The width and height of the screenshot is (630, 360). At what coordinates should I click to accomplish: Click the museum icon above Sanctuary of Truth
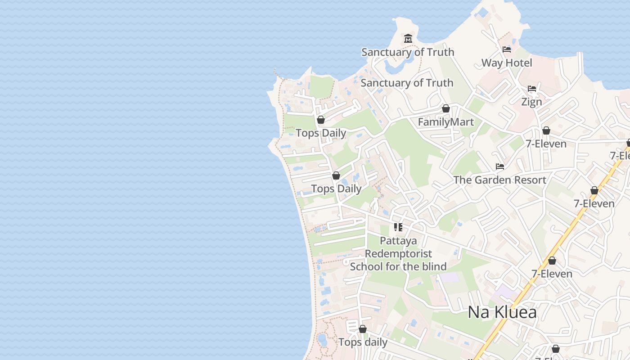[408, 38]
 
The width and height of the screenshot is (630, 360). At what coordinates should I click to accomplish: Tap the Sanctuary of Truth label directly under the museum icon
[408, 52]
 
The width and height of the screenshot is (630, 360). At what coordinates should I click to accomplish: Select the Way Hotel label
[507, 63]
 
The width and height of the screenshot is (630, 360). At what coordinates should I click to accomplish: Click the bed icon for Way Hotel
[507, 49]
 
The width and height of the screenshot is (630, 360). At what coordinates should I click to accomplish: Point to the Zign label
[531, 102]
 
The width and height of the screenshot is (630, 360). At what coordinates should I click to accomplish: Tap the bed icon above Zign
[531, 89]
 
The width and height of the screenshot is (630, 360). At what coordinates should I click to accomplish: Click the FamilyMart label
[445, 122]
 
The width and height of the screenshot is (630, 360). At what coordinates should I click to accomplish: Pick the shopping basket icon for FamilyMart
[445, 108]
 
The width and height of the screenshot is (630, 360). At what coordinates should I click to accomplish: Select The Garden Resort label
[499, 180]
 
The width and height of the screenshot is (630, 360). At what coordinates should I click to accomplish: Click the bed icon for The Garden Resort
[499, 166]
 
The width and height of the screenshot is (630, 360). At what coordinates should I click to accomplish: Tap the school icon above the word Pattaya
[398, 227]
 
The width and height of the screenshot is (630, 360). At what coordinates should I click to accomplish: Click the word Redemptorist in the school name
[398, 254]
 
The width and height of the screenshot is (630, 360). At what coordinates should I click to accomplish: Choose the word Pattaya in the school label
[398, 241]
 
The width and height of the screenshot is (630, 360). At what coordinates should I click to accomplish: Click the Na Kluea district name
[502, 312]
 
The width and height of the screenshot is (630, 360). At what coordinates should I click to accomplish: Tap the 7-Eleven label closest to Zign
[546, 144]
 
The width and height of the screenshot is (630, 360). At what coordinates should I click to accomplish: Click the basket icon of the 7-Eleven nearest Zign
[546, 130]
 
